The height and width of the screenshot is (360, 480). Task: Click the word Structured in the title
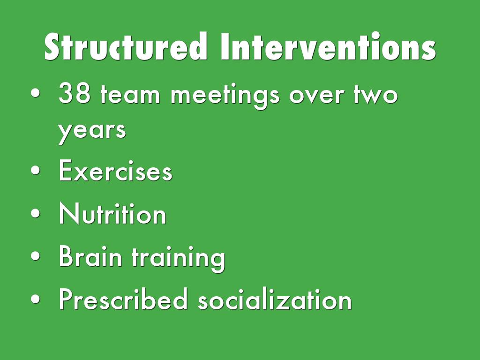click(126, 46)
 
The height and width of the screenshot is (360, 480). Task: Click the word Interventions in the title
click(328, 46)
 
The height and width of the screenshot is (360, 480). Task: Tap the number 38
click(75, 93)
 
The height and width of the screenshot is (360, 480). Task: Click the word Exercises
click(115, 170)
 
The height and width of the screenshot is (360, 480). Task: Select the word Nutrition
click(112, 213)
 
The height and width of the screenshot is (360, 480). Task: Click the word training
click(179, 258)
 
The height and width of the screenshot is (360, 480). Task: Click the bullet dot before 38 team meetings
click(36, 93)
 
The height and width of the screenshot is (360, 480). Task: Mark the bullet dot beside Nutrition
click(36, 213)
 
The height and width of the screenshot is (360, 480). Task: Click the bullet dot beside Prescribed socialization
click(36, 299)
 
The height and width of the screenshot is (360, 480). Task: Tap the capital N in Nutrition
click(69, 213)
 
